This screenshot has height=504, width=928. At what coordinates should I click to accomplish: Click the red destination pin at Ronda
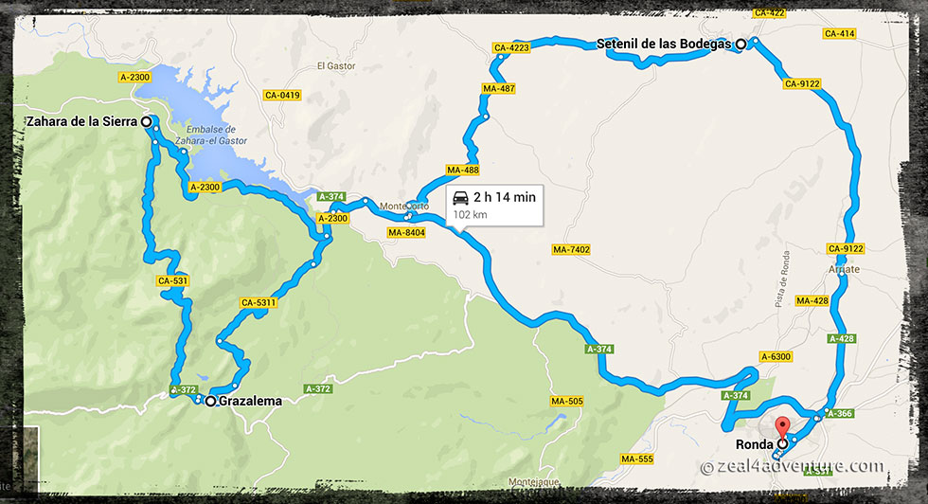782,429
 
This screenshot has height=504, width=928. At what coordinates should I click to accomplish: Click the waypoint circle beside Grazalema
210,402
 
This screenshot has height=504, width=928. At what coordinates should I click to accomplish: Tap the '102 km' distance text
470,215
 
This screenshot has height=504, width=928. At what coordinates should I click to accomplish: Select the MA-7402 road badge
571,249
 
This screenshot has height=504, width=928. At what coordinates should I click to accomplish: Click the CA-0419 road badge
282,95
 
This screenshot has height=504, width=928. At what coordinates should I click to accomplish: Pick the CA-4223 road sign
510,47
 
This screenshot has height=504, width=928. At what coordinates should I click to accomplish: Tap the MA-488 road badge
464,171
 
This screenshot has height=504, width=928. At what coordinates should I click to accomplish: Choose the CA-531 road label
176,281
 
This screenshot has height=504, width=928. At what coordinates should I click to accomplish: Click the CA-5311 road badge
259,303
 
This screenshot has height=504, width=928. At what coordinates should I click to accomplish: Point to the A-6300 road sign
775,356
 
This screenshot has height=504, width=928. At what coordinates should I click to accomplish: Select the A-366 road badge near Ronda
839,412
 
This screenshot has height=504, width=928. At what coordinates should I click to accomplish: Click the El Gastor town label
334,66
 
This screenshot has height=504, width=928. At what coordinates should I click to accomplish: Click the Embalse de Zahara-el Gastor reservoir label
217,135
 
